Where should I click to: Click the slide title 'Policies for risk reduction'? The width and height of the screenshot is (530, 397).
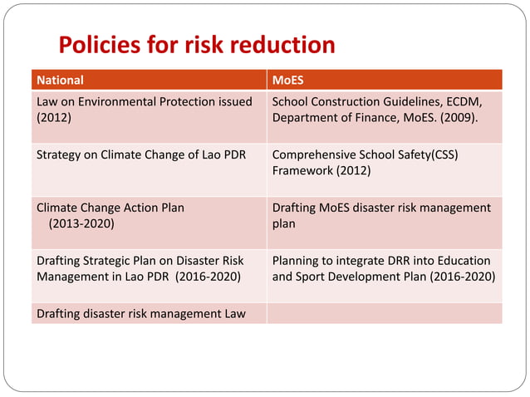pos(196,45)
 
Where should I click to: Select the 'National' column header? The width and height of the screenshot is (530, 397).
pos(61,81)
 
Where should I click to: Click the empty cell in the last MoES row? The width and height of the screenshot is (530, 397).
pos(385,313)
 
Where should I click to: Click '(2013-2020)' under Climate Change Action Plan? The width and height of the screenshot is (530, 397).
pos(81,223)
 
